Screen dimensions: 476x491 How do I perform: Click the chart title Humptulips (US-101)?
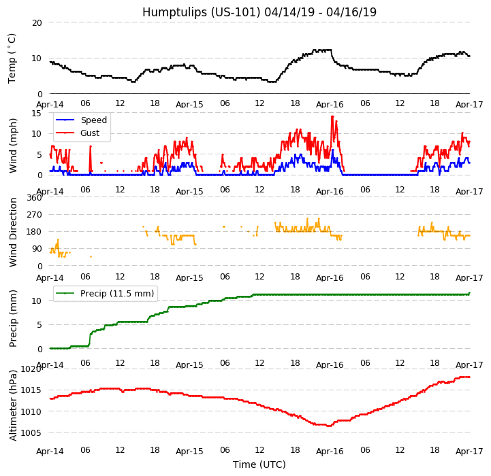(259, 12)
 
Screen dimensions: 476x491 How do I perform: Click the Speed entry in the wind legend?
(93, 120)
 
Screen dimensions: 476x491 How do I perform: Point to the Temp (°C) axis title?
(12, 58)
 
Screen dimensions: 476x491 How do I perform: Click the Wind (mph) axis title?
(14, 145)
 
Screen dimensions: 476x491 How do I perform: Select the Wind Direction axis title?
(14, 232)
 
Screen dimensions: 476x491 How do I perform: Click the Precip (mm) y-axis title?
(14, 318)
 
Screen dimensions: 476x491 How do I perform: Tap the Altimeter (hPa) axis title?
(14, 405)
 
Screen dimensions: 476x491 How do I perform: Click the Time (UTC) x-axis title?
(259, 464)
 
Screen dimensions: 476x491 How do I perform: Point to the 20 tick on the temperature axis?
(37, 22)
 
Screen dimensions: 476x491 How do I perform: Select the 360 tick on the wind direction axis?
(34, 198)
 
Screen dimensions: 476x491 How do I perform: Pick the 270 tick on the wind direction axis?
(34, 215)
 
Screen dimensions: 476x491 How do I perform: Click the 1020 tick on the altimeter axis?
(31, 369)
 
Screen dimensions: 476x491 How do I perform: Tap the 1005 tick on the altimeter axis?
(31, 432)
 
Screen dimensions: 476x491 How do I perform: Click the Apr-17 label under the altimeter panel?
(469, 452)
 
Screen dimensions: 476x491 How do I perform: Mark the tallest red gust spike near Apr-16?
(332, 116)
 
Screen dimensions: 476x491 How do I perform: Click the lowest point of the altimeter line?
(329, 426)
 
